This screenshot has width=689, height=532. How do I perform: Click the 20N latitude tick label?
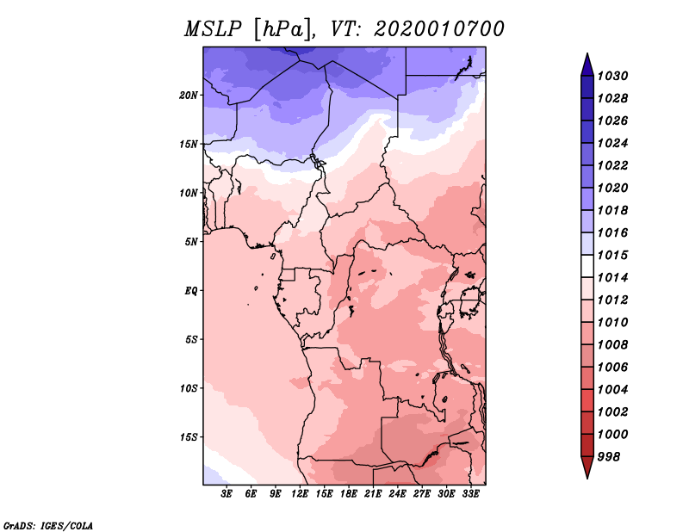(x=189, y=96)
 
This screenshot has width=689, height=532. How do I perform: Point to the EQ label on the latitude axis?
(x=191, y=291)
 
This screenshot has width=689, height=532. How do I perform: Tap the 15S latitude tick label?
(x=189, y=437)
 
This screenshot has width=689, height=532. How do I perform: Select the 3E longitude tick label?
(x=227, y=494)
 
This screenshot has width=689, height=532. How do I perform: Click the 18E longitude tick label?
(x=349, y=494)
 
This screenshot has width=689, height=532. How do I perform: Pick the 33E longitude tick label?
(x=470, y=494)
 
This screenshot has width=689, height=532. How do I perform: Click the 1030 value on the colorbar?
(x=613, y=76)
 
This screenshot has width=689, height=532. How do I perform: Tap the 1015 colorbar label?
(x=613, y=255)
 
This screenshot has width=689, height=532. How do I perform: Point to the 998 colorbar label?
(x=609, y=457)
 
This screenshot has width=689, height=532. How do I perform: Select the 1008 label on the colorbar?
(x=613, y=345)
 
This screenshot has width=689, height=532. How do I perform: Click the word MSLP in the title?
(x=213, y=29)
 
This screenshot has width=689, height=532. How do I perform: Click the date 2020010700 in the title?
(x=439, y=29)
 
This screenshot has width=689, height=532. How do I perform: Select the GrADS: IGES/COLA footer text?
(x=48, y=526)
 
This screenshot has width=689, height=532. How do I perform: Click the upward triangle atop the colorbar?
(x=587, y=66)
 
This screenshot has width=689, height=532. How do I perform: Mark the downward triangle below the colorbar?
(x=587, y=467)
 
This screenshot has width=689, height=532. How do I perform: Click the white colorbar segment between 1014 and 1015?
(x=587, y=266)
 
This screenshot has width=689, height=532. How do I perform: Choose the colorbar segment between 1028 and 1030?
(x=587, y=87)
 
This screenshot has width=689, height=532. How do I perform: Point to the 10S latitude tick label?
(x=189, y=388)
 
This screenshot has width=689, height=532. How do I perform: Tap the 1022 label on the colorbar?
(x=613, y=165)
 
